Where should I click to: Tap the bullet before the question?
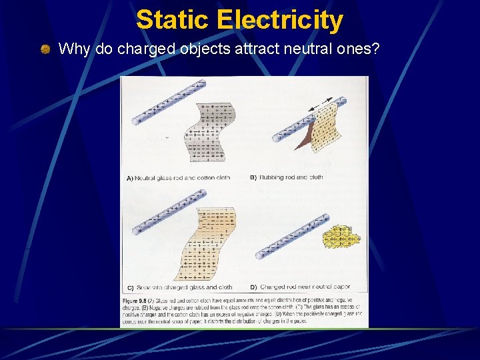(45, 49)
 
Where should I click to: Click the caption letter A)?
(129, 178)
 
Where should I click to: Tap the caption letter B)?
(253, 178)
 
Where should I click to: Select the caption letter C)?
(129, 287)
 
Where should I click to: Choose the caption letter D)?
(253, 287)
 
